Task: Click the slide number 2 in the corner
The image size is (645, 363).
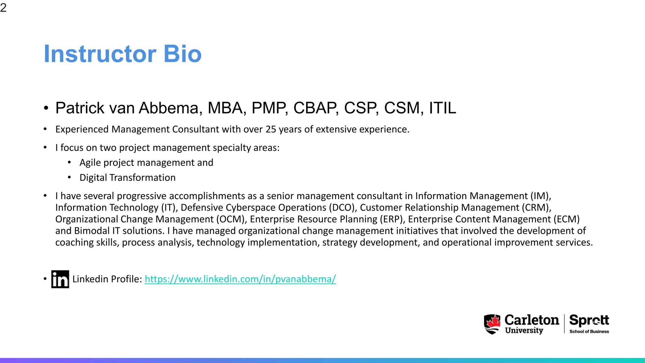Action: pyautogui.click(x=3, y=8)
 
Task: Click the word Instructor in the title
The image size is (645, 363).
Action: pyautogui.click(x=100, y=54)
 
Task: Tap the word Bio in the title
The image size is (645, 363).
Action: pyautogui.click(x=182, y=54)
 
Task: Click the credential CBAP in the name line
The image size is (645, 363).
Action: pyautogui.click(x=316, y=108)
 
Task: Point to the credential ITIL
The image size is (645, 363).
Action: pyautogui.click(x=442, y=108)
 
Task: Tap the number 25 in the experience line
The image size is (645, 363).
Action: pyautogui.click(x=271, y=130)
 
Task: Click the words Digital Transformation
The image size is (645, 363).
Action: pyautogui.click(x=128, y=178)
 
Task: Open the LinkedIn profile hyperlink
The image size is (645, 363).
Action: pyautogui.click(x=240, y=279)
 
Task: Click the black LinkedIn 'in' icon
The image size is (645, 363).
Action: pyautogui.click(x=60, y=279)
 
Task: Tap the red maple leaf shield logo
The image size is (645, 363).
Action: pyautogui.click(x=492, y=324)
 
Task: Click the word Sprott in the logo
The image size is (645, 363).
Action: pyautogui.click(x=589, y=320)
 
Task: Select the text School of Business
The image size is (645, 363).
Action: pyautogui.click(x=589, y=331)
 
